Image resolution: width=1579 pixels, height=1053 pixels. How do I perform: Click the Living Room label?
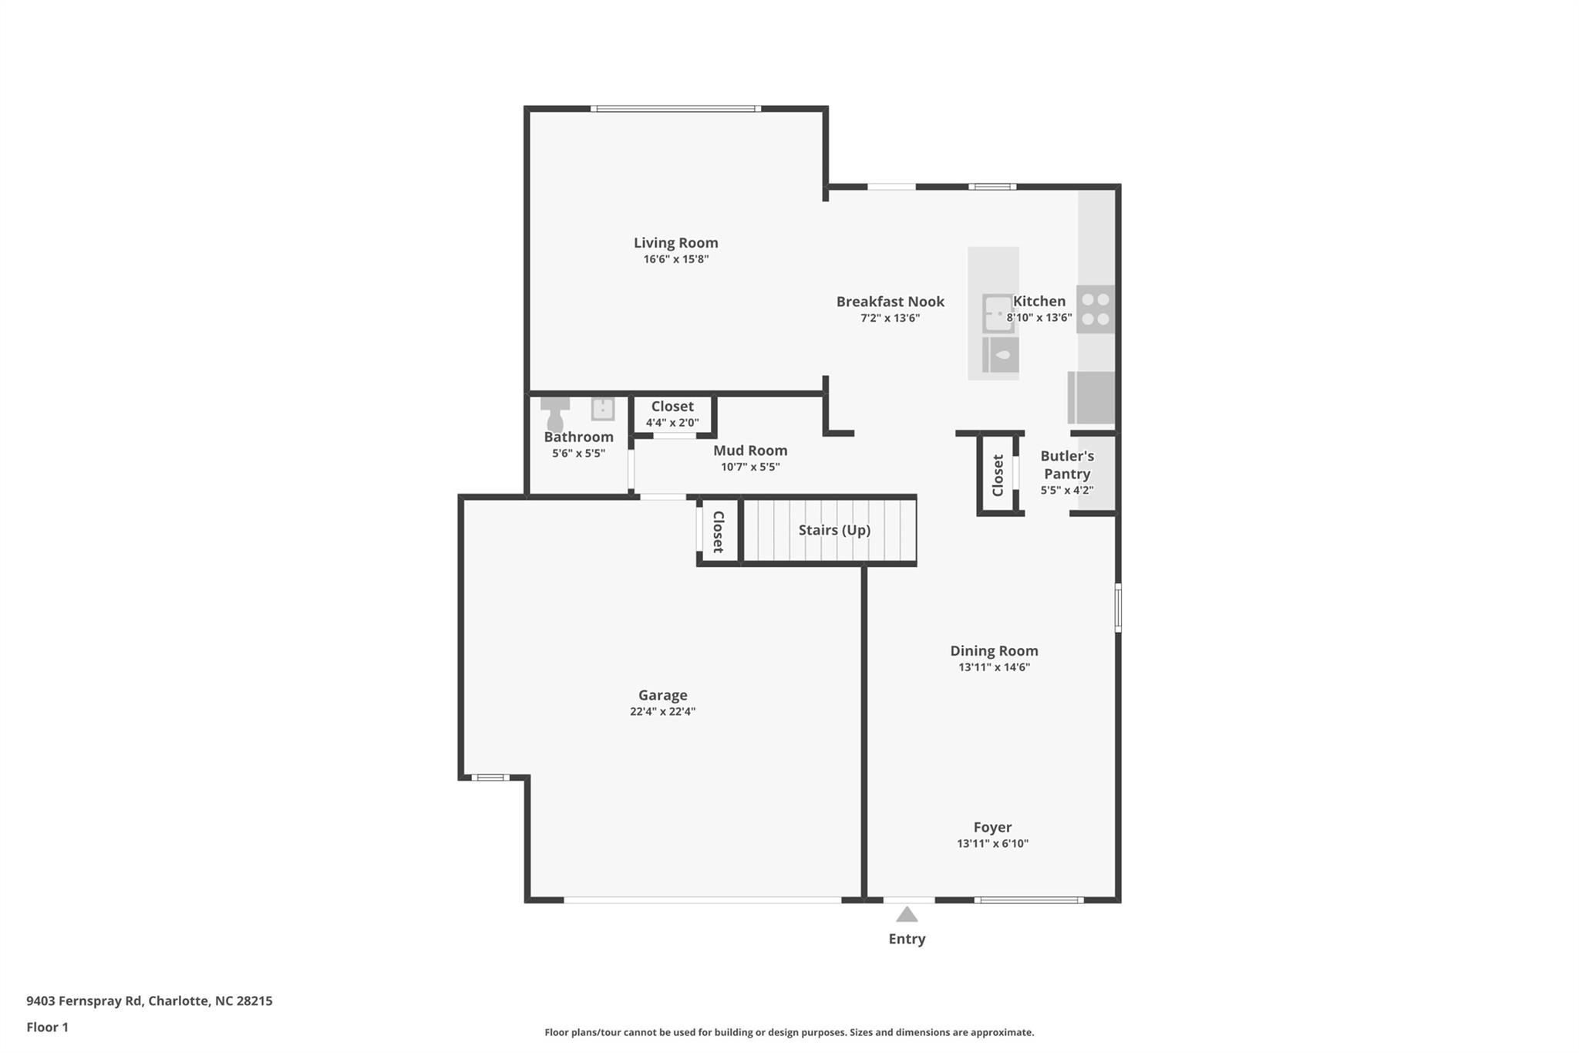pos(675,243)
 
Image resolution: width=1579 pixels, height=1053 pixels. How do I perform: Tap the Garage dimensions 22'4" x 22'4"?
pos(662,711)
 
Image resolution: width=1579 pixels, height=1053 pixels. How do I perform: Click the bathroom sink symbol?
pos(603,408)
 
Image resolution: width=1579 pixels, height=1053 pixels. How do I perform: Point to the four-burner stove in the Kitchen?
pos(1095,309)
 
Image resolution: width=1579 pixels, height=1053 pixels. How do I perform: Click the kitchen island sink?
pos(998,314)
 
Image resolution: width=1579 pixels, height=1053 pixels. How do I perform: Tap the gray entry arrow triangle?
pos(907,914)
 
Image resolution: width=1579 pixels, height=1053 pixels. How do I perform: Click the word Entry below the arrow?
pos(907,939)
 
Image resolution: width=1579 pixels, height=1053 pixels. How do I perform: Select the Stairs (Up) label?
pos(834,530)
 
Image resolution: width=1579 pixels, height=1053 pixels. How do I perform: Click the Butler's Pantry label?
pos(1067,465)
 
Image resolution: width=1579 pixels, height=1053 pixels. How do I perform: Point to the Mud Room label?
pos(750,451)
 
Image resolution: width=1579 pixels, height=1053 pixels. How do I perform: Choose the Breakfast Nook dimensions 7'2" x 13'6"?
pos(891,318)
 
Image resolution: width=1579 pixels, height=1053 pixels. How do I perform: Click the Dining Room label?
pos(994,651)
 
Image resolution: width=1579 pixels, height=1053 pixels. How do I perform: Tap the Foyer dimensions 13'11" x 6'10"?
pos(992,844)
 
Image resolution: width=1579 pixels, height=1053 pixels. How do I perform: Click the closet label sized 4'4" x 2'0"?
pos(672,407)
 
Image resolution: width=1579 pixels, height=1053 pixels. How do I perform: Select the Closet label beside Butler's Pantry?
pos(998,475)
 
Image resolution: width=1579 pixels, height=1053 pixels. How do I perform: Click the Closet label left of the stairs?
pos(718,532)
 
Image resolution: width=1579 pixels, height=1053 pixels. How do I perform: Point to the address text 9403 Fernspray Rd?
pos(84,1001)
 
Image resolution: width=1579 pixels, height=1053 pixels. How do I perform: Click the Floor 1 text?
pos(47,1028)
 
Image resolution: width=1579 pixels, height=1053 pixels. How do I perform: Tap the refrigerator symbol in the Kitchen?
pos(1091,397)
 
